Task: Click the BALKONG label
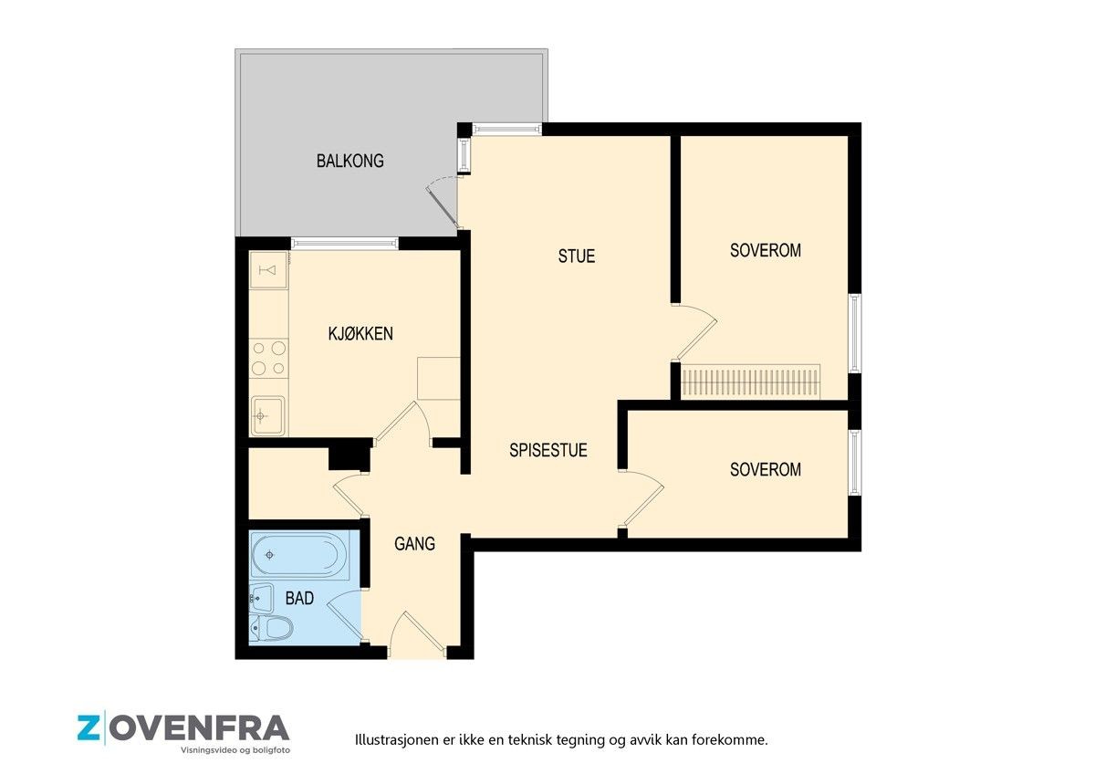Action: pyautogui.click(x=350, y=161)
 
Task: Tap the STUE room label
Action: pyautogui.click(x=577, y=256)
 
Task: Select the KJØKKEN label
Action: pyautogui.click(x=360, y=333)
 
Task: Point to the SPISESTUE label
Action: pyautogui.click(x=548, y=450)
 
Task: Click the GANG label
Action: pyautogui.click(x=414, y=544)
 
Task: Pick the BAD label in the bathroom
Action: pyautogui.click(x=299, y=598)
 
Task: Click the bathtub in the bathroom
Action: pyautogui.click(x=299, y=556)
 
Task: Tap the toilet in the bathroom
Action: pyautogui.click(x=271, y=628)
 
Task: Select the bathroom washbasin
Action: pyautogui.click(x=261, y=598)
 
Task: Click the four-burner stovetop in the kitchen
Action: pyautogui.click(x=268, y=359)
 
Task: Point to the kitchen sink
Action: pyautogui.click(x=268, y=415)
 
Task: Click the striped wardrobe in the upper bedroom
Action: pyautogui.click(x=751, y=382)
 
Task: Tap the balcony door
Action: pyautogui.click(x=443, y=204)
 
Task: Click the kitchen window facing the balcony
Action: pyautogui.click(x=345, y=244)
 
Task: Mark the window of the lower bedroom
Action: pyautogui.click(x=855, y=463)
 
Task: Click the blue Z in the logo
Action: pyautogui.click(x=89, y=728)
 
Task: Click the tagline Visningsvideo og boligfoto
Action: pyautogui.click(x=235, y=750)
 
